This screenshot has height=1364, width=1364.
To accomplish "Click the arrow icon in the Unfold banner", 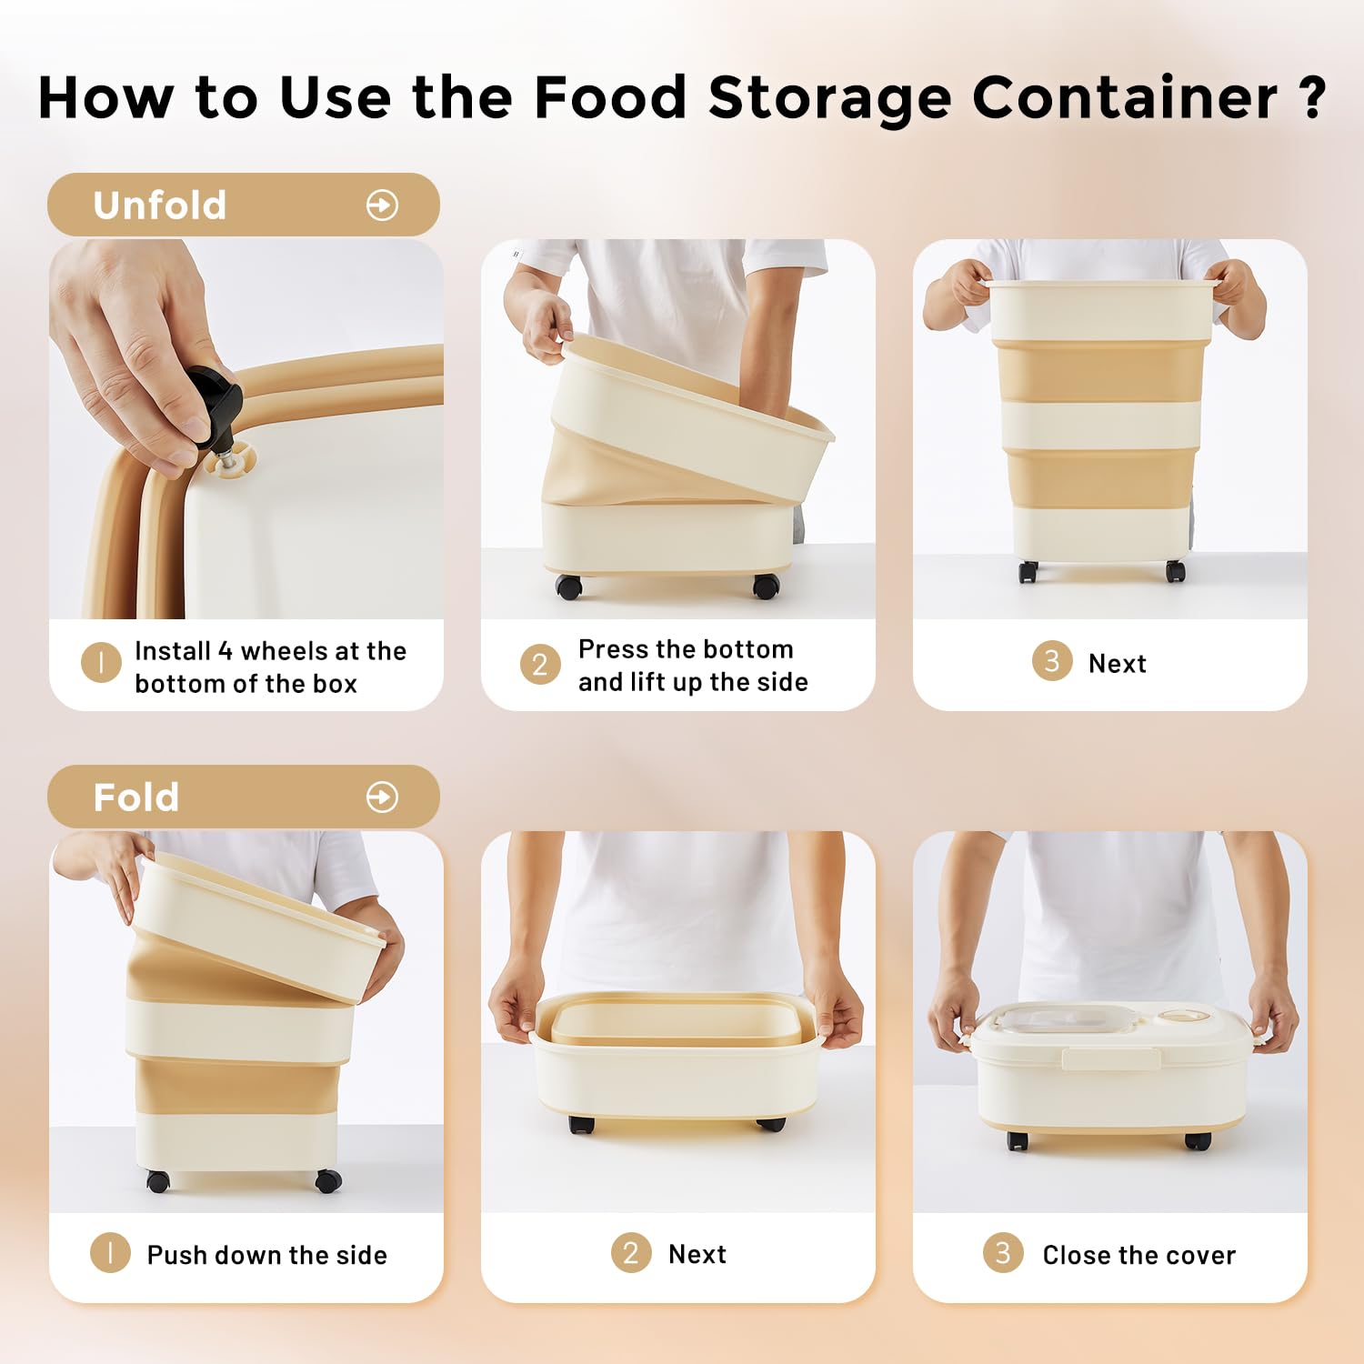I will [x=382, y=206].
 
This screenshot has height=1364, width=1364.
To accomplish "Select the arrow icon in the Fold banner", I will [x=382, y=797].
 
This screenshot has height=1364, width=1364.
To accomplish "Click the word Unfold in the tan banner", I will [x=159, y=206].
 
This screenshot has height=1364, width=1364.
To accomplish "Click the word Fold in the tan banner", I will [x=136, y=797].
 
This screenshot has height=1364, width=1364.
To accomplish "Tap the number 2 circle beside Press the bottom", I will [x=539, y=665].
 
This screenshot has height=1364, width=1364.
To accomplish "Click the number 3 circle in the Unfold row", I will [x=1051, y=661].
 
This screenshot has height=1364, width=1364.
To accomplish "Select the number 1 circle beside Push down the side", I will [x=110, y=1253].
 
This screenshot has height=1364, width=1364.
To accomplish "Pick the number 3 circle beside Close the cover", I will [x=1003, y=1253].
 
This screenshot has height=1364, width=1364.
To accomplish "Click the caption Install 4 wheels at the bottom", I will [x=270, y=667].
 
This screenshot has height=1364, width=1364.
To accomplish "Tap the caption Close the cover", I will [x=1138, y=1255].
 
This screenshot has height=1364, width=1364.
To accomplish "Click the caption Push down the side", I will [x=266, y=1255].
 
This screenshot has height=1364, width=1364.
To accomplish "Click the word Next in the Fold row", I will [x=697, y=1254].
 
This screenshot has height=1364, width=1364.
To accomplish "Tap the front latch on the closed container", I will [x=1110, y=1058].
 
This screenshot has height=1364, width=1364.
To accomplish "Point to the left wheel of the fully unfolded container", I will [x=1028, y=572].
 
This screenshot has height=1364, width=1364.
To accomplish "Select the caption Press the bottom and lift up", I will [x=692, y=666].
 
